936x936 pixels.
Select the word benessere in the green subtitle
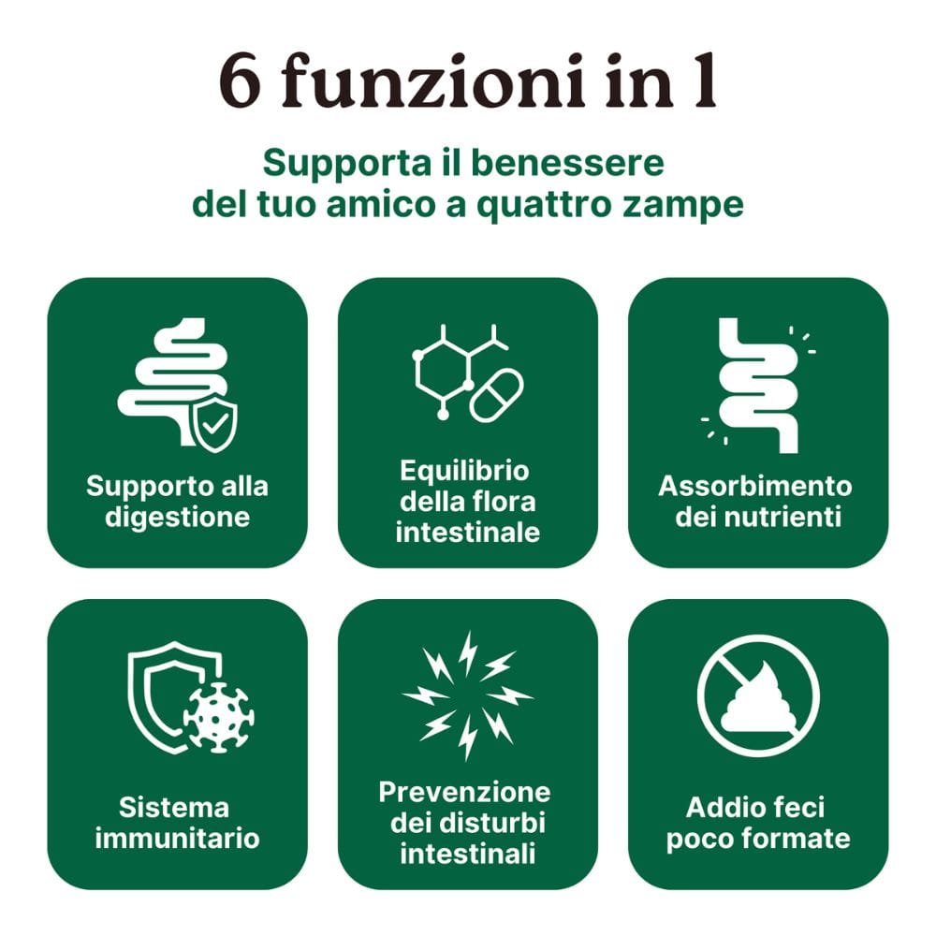click(x=567, y=162)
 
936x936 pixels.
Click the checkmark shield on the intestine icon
click(x=213, y=424)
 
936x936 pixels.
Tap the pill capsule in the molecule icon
click(x=496, y=395)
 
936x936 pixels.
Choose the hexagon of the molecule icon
click(x=443, y=371)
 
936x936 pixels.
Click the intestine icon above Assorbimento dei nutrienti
click(x=758, y=386)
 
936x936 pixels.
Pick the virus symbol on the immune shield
click(x=218, y=717)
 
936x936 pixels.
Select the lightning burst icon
click(x=467, y=695)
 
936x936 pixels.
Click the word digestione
click(x=177, y=518)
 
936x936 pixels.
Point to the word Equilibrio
click(x=464, y=471)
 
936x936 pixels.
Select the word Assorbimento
click(x=755, y=486)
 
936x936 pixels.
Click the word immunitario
click(x=177, y=838)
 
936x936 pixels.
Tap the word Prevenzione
click(x=464, y=792)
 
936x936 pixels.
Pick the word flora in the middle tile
click(x=506, y=502)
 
